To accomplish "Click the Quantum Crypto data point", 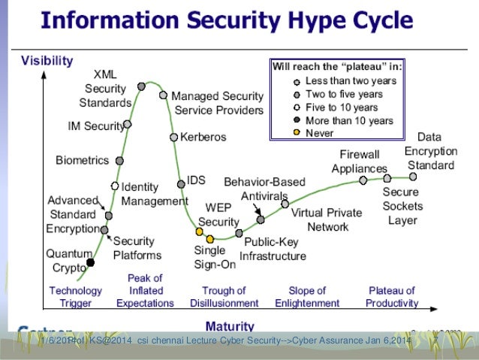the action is pos(91,262).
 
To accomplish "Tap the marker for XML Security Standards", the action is pos(141,86).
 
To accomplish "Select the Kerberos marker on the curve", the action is pos(174,138).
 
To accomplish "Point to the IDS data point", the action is pos(181,184).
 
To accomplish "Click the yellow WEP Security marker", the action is pos(200,231).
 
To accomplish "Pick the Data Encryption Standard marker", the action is pos(414,177).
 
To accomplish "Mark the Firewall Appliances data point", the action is pos(363,180).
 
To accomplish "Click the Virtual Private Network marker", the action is pos(285,204).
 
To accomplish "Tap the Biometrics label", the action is pos(82,160).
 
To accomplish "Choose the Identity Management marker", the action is pos(115,186).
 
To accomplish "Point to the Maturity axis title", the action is pos(229,326).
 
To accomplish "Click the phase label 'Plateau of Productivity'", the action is pos(392,297).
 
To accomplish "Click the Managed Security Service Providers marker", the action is pos(163,95).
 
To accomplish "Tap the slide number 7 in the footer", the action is pos(435,345).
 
